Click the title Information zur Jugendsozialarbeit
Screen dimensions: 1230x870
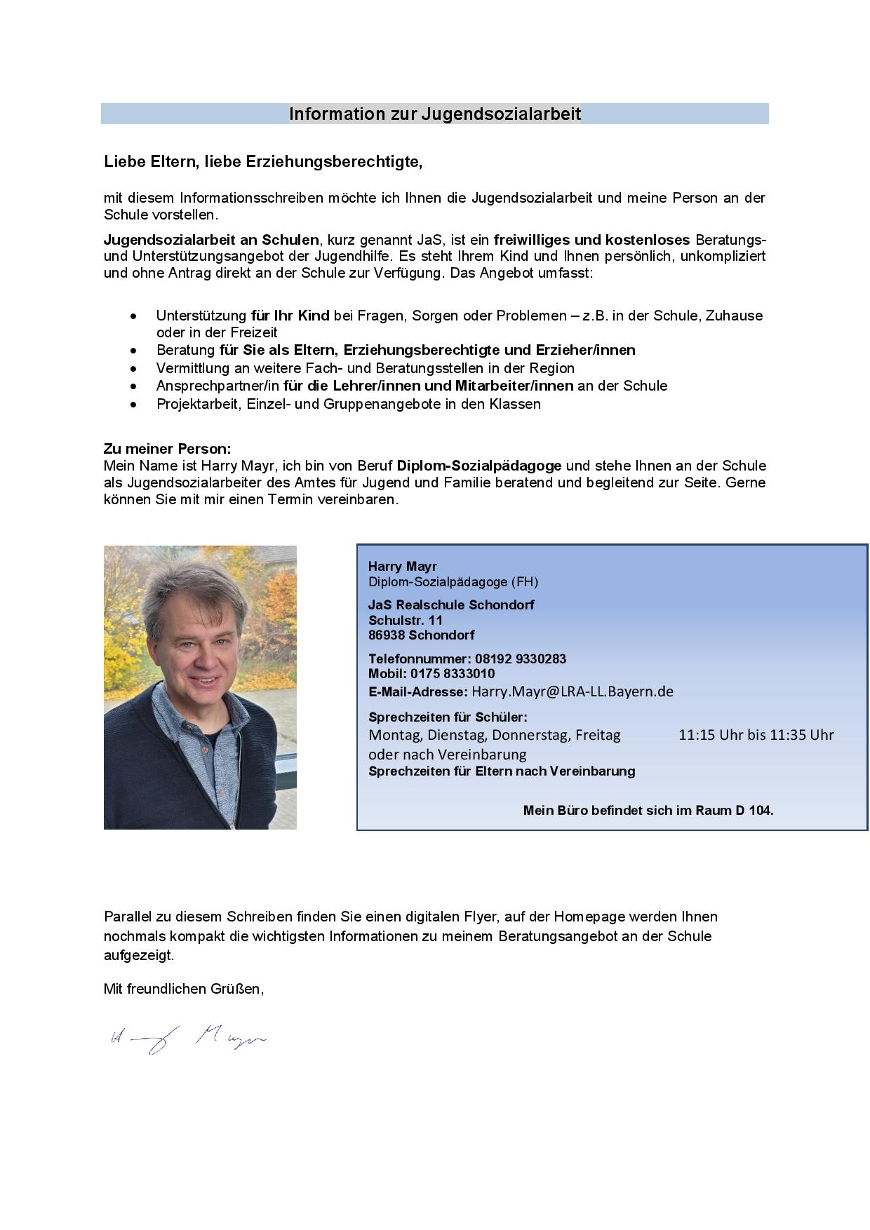coord(435,114)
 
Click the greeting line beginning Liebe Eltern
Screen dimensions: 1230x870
coord(263,162)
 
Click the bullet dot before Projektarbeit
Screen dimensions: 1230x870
coord(133,405)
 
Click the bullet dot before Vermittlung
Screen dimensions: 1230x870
coord(133,369)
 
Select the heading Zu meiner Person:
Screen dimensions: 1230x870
coord(167,449)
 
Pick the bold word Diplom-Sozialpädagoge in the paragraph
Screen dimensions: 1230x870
coord(479,466)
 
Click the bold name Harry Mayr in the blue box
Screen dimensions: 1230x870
coord(403,566)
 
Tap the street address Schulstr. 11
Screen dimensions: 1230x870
coord(406,620)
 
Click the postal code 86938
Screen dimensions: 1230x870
coord(386,635)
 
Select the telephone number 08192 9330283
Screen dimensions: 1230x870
coord(521,659)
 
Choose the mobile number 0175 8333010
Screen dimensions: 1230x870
coord(453,674)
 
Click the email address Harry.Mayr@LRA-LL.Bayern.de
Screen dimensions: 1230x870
coord(573,691)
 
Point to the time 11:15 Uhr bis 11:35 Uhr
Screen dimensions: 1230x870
coord(756,736)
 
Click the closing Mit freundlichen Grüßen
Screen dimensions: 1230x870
coord(184,989)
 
